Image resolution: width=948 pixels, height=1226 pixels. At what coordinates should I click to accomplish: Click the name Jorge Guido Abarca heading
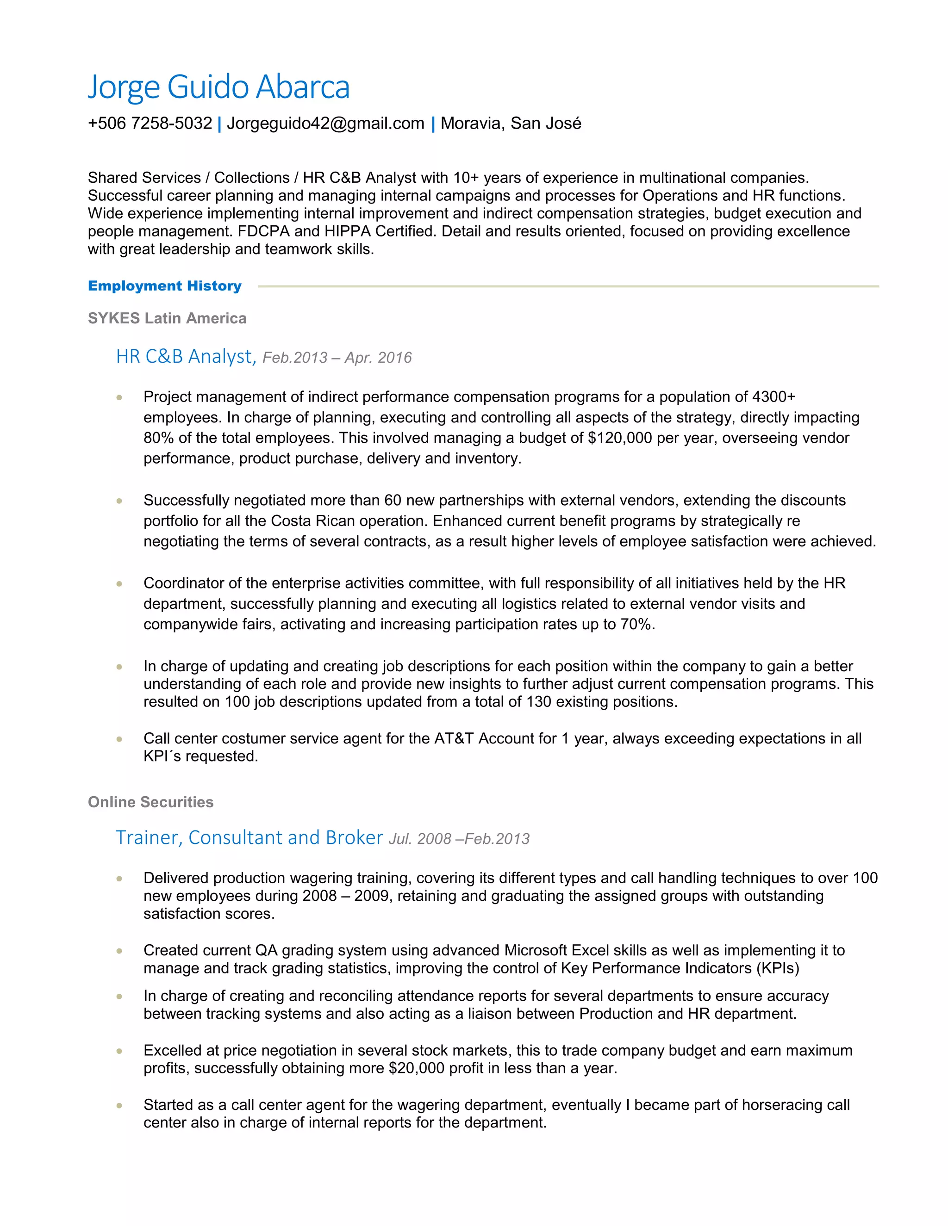pyautogui.click(x=218, y=87)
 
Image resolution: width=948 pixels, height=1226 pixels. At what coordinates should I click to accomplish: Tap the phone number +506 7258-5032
pyautogui.click(x=150, y=124)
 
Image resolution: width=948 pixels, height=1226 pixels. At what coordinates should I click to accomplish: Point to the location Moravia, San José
pyautogui.click(x=511, y=124)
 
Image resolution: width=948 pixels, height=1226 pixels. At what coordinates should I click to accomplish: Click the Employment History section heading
pyautogui.click(x=164, y=286)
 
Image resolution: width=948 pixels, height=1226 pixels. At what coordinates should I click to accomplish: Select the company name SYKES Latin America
pyautogui.click(x=167, y=318)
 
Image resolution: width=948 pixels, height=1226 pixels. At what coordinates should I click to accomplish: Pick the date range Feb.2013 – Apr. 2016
pyautogui.click(x=337, y=358)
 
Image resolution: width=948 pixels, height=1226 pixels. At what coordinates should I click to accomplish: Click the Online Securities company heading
pyautogui.click(x=150, y=802)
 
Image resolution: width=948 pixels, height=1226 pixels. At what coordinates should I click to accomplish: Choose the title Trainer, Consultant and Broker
pyautogui.click(x=249, y=837)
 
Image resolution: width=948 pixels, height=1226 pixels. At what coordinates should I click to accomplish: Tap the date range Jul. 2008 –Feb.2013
pyautogui.click(x=459, y=839)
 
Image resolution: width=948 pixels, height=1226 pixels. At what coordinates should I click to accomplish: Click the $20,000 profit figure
pyautogui.click(x=416, y=1068)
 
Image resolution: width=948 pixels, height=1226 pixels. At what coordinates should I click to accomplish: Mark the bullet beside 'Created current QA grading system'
pyautogui.click(x=119, y=951)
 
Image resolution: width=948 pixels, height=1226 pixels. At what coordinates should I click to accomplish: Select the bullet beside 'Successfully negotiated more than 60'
pyautogui.click(x=119, y=501)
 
